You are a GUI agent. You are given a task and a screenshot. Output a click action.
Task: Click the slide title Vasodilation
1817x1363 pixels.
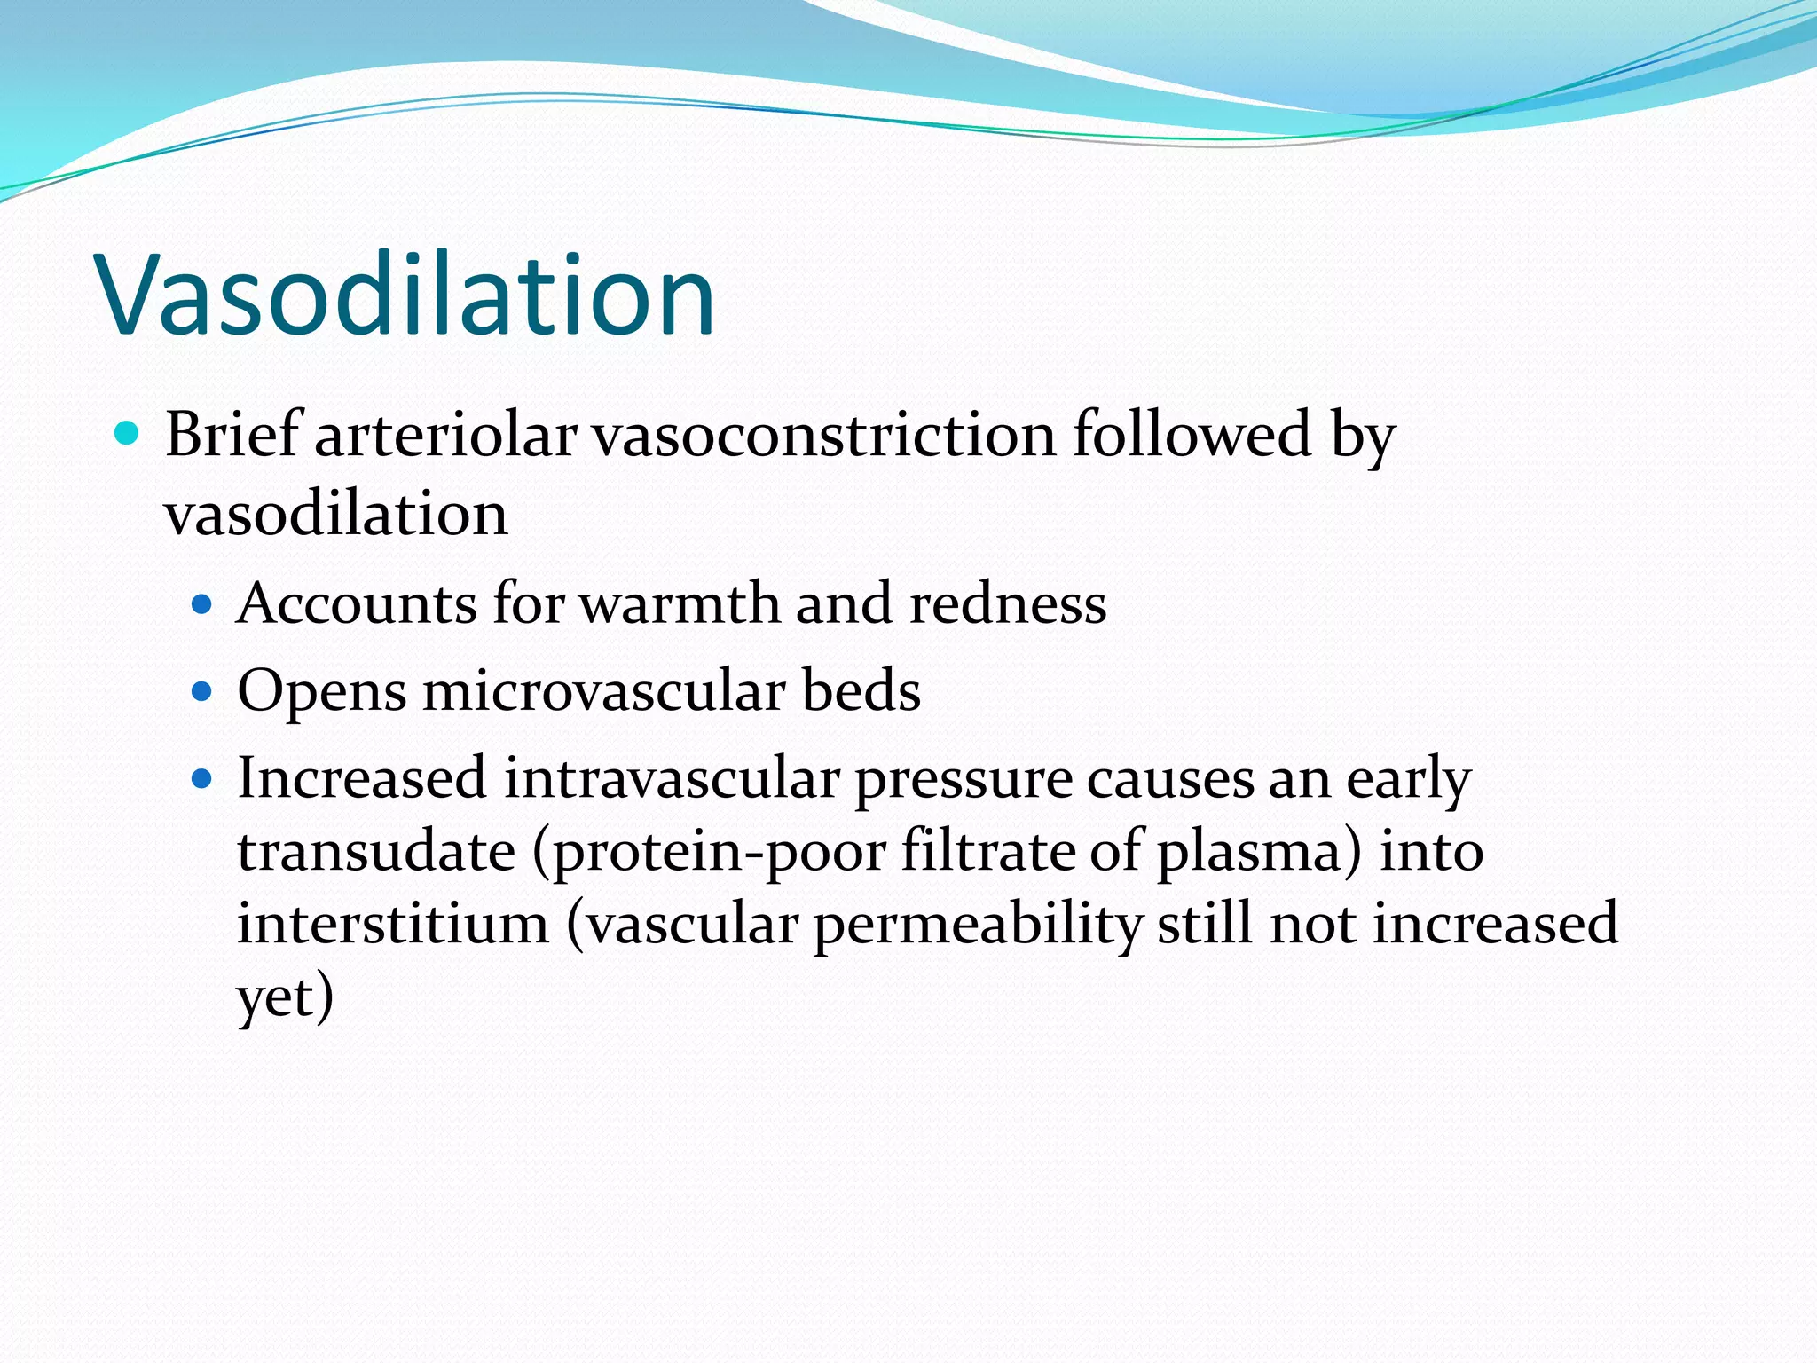(405, 295)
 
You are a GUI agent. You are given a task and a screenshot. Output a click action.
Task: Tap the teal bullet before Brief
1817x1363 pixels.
(128, 434)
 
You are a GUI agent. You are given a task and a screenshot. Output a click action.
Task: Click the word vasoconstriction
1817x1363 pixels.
(824, 436)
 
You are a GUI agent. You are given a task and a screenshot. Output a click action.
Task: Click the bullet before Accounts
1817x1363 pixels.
(202, 605)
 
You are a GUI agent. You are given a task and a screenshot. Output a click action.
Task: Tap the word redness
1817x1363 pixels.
(1008, 604)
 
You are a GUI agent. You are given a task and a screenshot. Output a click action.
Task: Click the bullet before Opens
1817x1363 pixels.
(202, 691)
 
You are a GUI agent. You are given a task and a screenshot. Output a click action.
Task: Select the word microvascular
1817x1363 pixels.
(603, 691)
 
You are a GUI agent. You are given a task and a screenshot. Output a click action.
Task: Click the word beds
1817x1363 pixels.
(861, 690)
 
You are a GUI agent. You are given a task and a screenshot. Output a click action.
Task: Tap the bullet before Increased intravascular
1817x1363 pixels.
(202, 779)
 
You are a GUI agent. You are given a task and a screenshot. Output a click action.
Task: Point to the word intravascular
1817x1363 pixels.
(672, 778)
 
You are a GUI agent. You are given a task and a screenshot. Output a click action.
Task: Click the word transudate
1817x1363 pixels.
(376, 851)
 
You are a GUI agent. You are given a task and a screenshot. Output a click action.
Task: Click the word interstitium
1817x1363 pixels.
(393, 924)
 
